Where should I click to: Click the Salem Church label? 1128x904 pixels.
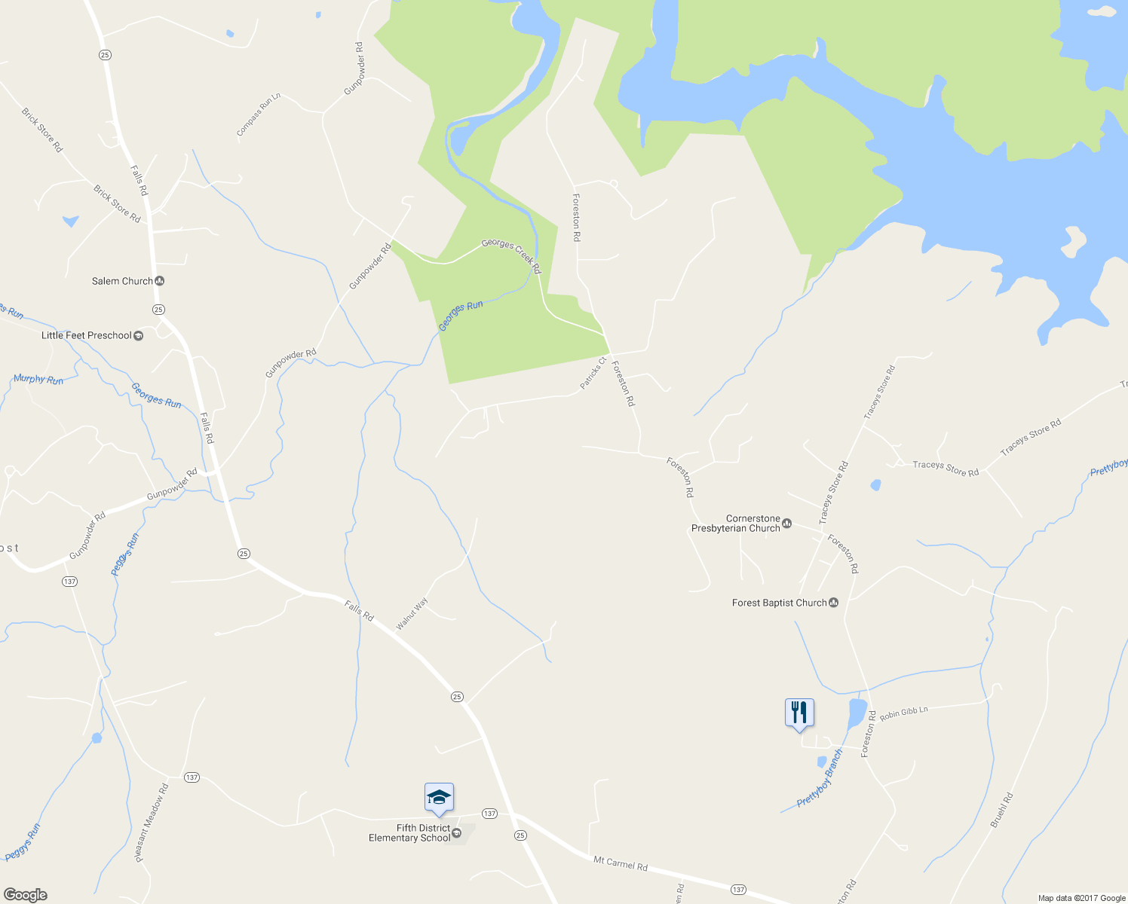pos(122,281)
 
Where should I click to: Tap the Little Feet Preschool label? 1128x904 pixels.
pos(87,335)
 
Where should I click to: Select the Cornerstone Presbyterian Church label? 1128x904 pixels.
pos(736,524)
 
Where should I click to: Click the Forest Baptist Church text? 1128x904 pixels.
pos(779,603)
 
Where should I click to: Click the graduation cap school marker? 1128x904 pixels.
pos(439,798)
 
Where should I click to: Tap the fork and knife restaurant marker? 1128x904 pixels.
pos(799,712)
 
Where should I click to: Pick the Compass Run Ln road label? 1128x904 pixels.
pos(259,115)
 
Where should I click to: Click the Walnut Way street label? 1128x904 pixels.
pos(412,613)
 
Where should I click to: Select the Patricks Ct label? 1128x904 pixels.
pos(593,373)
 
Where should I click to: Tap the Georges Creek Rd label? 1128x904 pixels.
pos(511,255)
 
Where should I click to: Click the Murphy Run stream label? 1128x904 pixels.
pos(38,379)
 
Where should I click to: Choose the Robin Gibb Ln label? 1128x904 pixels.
pos(903,712)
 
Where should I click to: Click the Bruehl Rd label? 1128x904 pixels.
pos(1001,810)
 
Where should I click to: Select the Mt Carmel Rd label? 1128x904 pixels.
pos(620,863)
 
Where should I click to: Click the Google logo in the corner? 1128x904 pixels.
pos(25,895)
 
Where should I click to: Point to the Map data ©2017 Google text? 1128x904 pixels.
pos(1081,898)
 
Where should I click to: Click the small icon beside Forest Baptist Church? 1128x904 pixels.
pos(834,603)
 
